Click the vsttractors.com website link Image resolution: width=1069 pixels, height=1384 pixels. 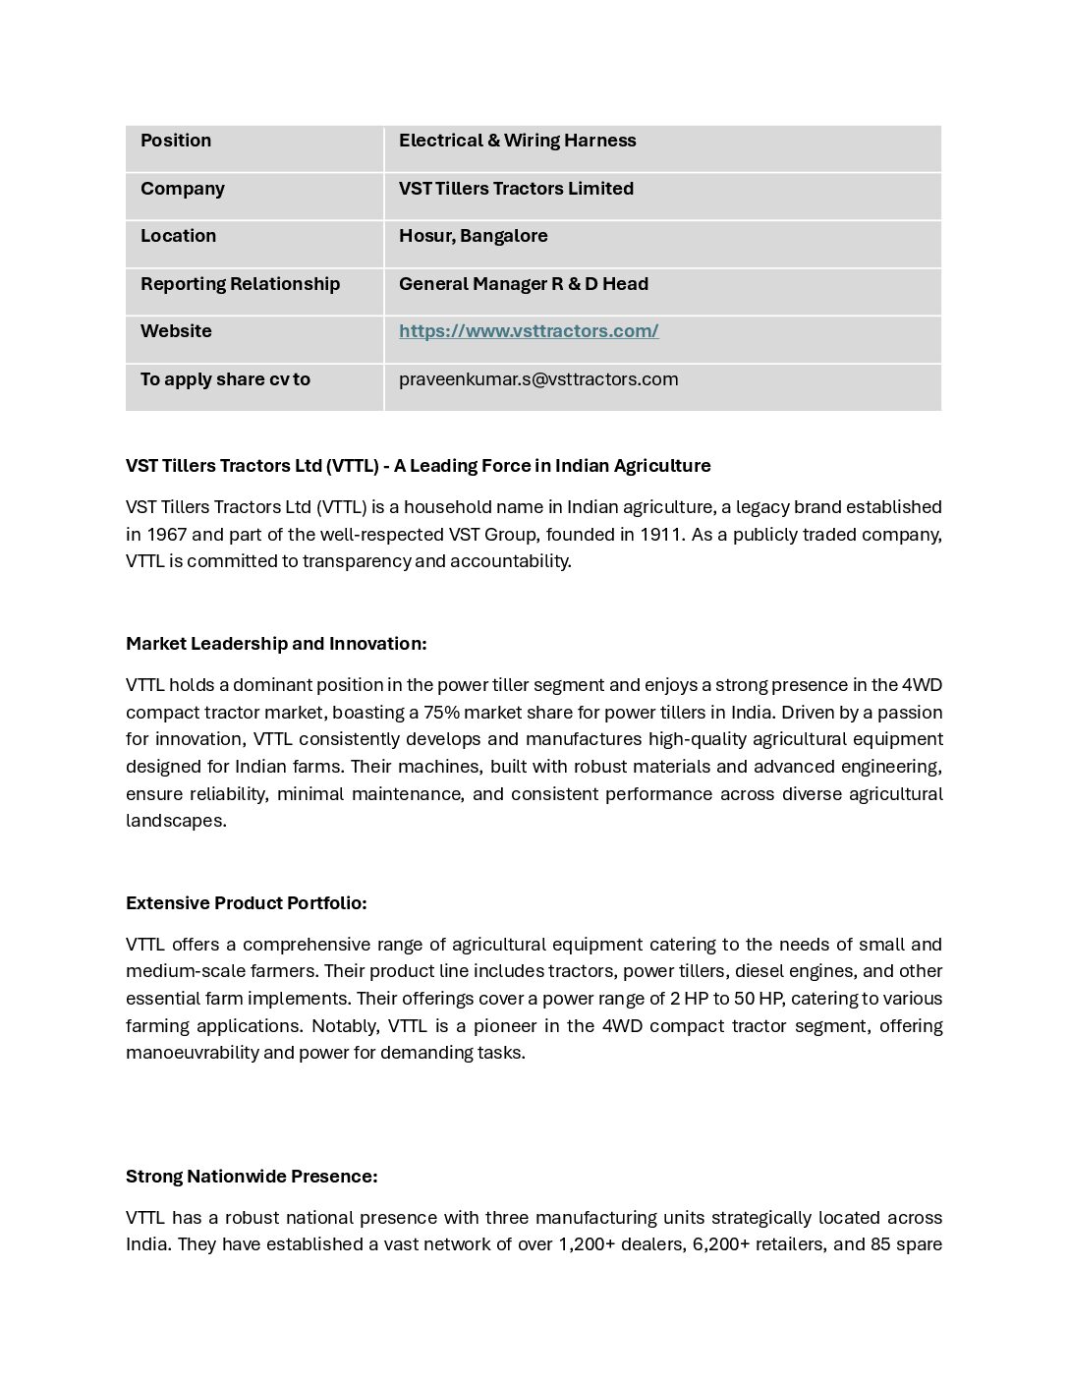click(x=529, y=331)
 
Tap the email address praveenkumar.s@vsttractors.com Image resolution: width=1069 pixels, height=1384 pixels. click(x=538, y=379)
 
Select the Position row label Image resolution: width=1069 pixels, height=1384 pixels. click(x=176, y=141)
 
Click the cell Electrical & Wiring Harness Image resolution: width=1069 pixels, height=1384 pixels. click(x=517, y=141)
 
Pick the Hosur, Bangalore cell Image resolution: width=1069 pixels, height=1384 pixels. click(x=473, y=236)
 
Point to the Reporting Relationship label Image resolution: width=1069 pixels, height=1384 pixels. click(x=240, y=284)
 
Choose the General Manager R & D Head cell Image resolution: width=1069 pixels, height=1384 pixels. click(x=523, y=284)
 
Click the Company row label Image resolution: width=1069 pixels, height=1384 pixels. click(x=183, y=189)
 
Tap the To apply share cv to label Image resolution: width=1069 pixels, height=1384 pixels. click(x=225, y=379)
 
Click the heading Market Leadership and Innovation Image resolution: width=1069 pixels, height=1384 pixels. click(x=276, y=644)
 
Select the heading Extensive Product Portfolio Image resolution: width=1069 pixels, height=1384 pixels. click(x=246, y=903)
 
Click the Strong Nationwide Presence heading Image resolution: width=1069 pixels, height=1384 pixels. click(x=252, y=1177)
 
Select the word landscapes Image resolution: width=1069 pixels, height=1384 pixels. click(x=175, y=821)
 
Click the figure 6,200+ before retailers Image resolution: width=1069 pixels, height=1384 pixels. click(x=720, y=1244)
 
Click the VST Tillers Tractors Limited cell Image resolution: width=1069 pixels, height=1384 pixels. click(x=516, y=189)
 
